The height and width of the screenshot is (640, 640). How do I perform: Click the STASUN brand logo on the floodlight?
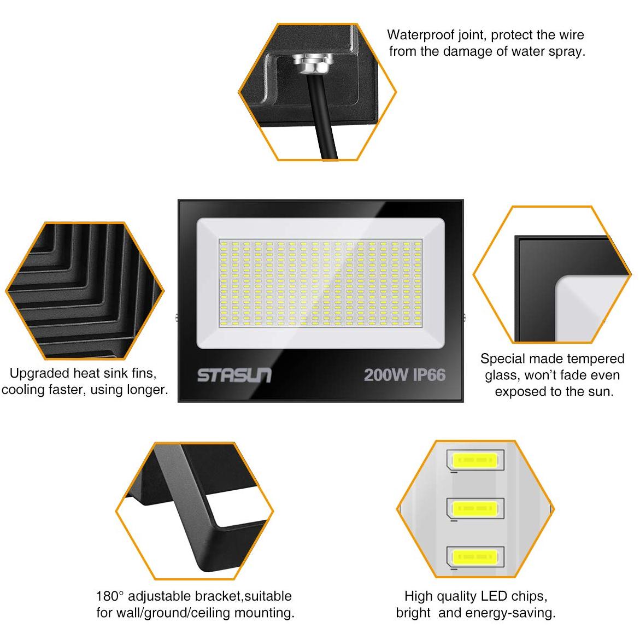[234, 375]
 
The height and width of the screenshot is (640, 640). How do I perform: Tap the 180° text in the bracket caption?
[110, 596]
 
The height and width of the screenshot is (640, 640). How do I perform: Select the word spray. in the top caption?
[567, 52]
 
